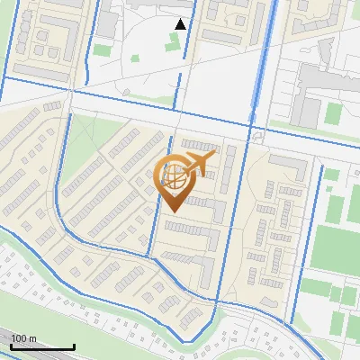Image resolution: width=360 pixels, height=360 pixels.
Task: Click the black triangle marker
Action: (181, 24)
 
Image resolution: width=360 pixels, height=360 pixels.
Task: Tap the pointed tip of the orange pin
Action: (172, 210)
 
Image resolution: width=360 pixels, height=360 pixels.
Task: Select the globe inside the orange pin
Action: (173, 176)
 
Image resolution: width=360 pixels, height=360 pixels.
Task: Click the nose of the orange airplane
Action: (212, 156)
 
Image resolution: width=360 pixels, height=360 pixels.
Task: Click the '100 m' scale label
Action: (23, 337)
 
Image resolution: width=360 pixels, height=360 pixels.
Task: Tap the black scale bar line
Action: (42, 346)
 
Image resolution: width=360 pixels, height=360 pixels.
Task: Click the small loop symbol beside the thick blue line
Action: (258, 137)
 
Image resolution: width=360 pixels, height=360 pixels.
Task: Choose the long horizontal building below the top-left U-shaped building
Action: (36, 70)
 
